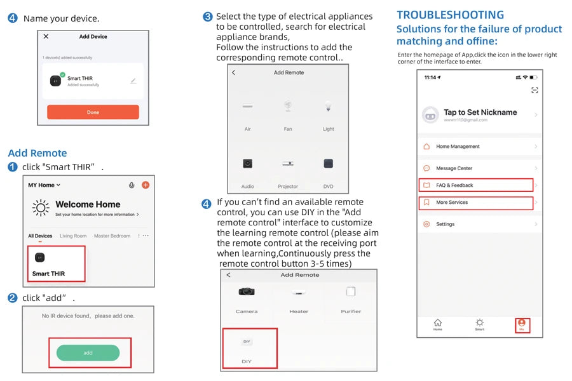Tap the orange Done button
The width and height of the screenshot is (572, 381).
point(93,112)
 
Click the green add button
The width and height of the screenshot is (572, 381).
point(88,352)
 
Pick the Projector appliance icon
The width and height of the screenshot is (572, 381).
point(288,164)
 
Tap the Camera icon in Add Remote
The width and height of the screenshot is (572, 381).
point(247,292)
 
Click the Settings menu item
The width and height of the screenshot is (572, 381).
point(445,224)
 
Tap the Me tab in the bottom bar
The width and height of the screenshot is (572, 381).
point(521,324)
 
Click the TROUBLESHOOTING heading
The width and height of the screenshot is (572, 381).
point(450,15)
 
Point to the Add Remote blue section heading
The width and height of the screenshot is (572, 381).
point(37,153)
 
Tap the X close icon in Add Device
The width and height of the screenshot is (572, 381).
point(46,37)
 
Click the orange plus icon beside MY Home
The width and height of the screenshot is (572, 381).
point(145,185)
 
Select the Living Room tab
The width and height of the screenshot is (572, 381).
point(73,236)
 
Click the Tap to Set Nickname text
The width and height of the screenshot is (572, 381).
point(480,112)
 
